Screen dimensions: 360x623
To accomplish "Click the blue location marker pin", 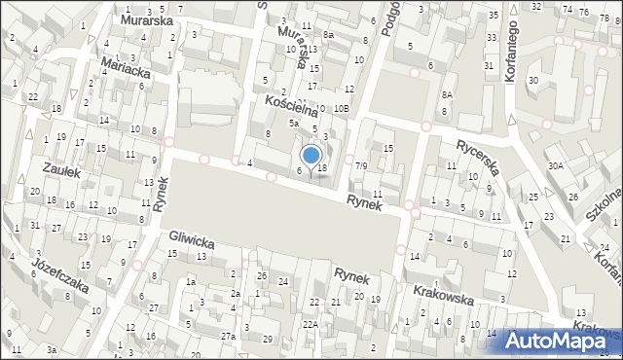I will (311, 157).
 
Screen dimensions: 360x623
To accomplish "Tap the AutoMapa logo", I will (558, 339).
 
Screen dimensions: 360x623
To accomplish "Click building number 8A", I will (447, 94).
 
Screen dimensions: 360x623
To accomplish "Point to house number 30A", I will (555, 166).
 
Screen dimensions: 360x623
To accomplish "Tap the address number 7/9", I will (360, 166).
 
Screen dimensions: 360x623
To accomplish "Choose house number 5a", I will (291, 124).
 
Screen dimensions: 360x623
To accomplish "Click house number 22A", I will (310, 324).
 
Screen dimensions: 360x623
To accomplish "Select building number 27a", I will (227, 336).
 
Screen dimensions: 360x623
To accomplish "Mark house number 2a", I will (235, 293).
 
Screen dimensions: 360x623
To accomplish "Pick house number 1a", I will (191, 282).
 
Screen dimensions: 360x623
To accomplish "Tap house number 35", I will (494, 15).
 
